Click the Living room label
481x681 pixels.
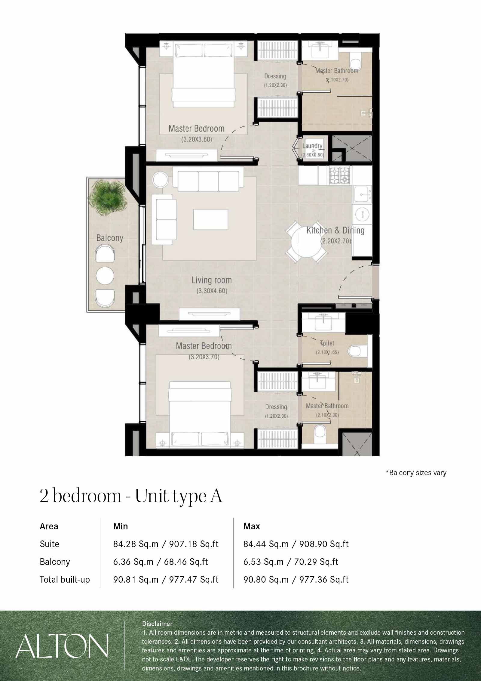pos(212,280)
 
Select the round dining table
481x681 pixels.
pos(306,242)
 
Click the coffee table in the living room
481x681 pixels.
pos(210,220)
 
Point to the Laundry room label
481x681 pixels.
pos(312,146)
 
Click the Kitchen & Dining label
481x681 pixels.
pos(335,231)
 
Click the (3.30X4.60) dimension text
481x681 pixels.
pos(212,291)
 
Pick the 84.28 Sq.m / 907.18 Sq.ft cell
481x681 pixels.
pos(166,544)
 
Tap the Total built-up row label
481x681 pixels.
pos(65,580)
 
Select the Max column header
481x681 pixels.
pos(252,526)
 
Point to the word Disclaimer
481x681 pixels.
pos(157,624)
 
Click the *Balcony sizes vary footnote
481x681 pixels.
pos(416,473)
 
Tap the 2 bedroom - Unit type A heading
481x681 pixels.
pos(131,496)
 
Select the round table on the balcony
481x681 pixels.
pos(105,275)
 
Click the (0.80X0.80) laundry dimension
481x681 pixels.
pos(313,155)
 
